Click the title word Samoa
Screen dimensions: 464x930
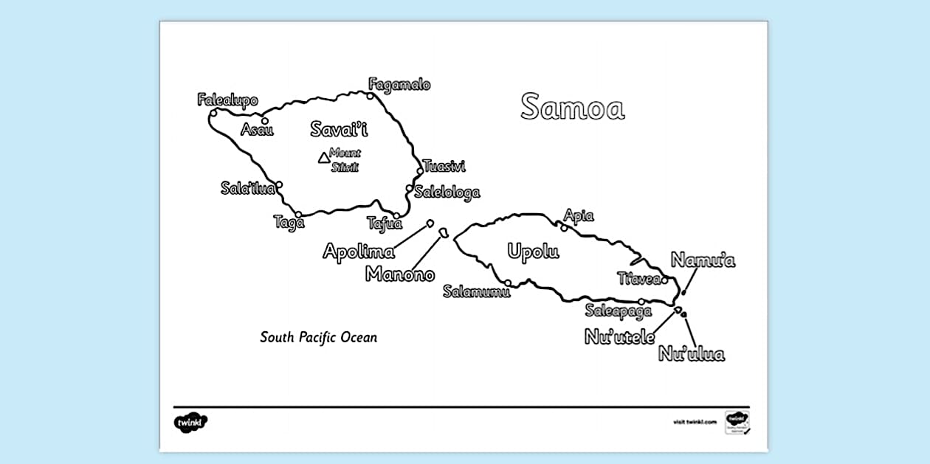click(572, 108)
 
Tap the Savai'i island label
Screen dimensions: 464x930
click(339, 130)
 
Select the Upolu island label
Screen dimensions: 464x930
click(533, 252)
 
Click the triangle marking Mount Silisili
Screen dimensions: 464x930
click(323, 157)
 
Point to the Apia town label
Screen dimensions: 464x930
click(579, 216)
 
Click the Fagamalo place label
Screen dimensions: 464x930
click(399, 85)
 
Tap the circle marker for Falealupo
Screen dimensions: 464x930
click(213, 113)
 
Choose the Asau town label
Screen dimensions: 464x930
click(257, 130)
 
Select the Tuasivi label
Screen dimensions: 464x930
click(444, 167)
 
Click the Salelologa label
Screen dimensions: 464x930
click(447, 193)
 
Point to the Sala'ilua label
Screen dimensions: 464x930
click(248, 188)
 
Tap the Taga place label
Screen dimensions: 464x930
click(289, 222)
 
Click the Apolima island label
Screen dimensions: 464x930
click(359, 252)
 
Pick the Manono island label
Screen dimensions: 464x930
click(400, 275)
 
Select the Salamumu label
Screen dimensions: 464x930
click(477, 291)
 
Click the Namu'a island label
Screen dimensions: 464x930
click(703, 260)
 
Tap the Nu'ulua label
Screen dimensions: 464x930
click(692, 354)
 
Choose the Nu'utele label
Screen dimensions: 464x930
click(620, 337)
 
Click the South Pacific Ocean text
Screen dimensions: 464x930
click(318, 338)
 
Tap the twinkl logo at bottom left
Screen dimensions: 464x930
click(190, 423)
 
